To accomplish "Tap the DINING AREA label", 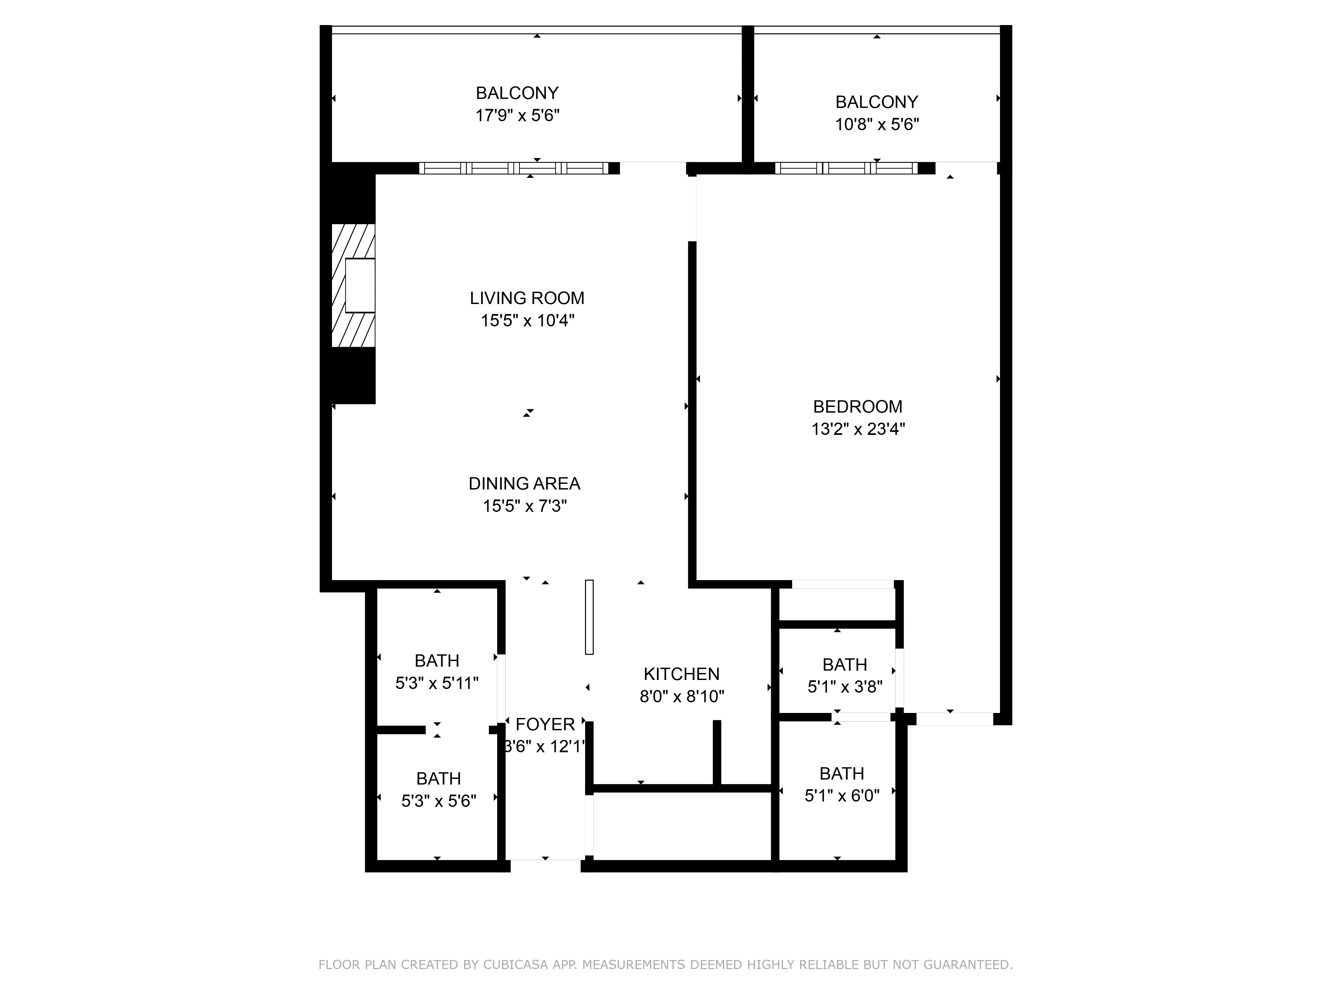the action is (x=524, y=484).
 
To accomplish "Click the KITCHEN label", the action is (x=682, y=674).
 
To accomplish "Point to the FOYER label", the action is (x=545, y=724).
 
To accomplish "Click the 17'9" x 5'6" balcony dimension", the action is (x=517, y=115).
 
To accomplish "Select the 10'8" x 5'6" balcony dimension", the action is (x=877, y=125).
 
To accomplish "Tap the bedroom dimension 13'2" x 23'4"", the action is (x=858, y=429).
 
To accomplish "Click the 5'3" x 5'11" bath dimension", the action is (x=437, y=683).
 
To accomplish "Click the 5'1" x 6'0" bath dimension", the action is (x=842, y=796).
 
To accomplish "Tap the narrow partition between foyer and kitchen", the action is (x=589, y=617).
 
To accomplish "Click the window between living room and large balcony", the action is (x=513, y=168).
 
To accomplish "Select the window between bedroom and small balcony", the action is (x=846, y=168).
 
